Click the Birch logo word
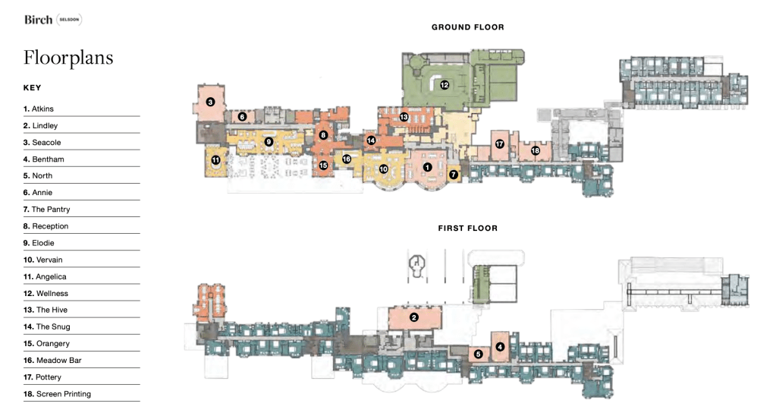tap(38, 20)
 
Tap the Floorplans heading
tap(68, 58)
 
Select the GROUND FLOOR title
tap(468, 27)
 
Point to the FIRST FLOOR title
tap(468, 229)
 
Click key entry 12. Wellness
tap(46, 293)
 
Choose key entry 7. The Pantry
tap(46, 210)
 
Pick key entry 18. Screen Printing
tap(57, 394)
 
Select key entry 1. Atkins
tap(38, 109)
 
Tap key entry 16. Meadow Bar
tap(52, 361)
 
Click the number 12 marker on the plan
tap(445, 85)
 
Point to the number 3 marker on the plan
tap(210, 102)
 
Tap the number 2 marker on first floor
tap(414, 317)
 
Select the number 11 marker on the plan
tap(215, 160)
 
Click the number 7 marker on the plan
tap(454, 175)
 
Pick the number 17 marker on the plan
tap(499, 144)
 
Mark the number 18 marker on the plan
tap(535, 150)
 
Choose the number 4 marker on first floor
tap(500, 347)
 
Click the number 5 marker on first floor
tap(478, 354)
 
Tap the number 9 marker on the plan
tap(269, 142)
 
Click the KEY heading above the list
tap(32, 87)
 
